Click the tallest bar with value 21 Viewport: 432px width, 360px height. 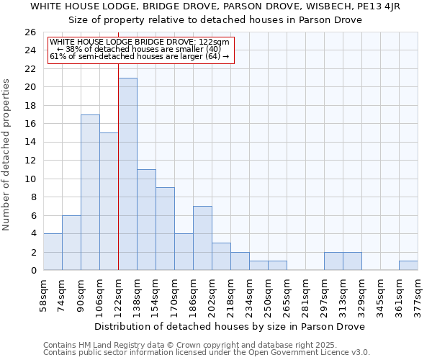(127, 174)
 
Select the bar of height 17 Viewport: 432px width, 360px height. (90, 192)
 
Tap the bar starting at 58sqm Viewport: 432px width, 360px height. (53, 252)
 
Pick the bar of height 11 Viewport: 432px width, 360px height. (146, 220)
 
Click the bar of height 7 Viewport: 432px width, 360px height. (202, 238)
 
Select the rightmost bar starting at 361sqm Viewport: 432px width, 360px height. (408, 266)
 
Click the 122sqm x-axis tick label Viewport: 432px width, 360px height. (118, 294)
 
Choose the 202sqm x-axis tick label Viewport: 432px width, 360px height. (212, 294)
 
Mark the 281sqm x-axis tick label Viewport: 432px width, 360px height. (305, 294)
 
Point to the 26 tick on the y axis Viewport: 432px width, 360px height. (30, 32)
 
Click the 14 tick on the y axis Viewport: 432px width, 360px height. (30, 143)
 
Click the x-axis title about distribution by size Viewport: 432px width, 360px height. (230, 326)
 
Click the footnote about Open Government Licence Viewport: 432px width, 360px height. (207, 352)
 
